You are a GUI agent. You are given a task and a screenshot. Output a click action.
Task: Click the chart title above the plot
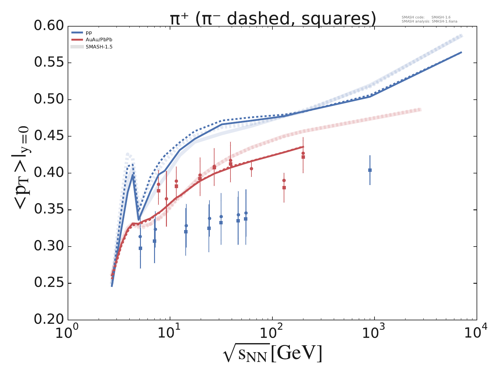tap(272, 19)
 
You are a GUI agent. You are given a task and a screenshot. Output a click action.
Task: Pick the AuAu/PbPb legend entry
tap(99, 40)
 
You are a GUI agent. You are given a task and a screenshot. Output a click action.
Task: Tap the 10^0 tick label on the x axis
tap(68, 333)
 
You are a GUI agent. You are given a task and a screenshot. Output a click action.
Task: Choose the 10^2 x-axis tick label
tap(272, 333)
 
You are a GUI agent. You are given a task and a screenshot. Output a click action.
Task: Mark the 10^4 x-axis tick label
tap(476, 333)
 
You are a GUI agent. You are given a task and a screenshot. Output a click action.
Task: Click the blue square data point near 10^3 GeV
tap(370, 170)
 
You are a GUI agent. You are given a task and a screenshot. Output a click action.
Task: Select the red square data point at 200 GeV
tap(303, 157)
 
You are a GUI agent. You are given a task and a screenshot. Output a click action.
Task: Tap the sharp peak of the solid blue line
tap(133, 176)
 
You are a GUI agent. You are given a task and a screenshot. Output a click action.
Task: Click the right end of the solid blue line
tap(461, 52)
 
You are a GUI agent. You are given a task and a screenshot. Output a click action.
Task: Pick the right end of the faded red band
tap(421, 110)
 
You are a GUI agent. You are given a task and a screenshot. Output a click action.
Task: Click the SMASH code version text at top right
tap(426, 17)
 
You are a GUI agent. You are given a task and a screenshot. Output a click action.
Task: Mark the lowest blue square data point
tap(140, 248)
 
